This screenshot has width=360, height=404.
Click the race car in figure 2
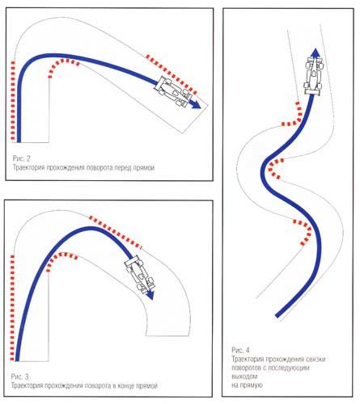pyautogui.click(x=173, y=92)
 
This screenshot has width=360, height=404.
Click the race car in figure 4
pyautogui.click(x=314, y=76)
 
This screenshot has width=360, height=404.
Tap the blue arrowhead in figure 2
pyautogui.click(x=196, y=105)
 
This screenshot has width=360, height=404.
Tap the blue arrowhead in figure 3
pyautogui.click(x=150, y=295)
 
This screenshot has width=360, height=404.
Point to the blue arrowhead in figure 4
pyautogui.click(x=315, y=53)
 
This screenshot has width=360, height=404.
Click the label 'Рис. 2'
pyautogui.click(x=22, y=158)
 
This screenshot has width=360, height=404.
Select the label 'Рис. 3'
pyautogui.click(x=19, y=376)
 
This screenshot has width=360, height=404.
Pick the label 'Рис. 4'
pyautogui.click(x=240, y=350)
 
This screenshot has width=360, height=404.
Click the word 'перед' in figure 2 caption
pyautogui.click(x=123, y=168)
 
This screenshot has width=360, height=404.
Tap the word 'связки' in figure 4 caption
pyautogui.click(x=316, y=359)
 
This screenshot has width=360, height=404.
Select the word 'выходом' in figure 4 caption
pyautogui.click(x=244, y=377)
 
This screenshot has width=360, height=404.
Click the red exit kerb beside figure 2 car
pyautogui.click(x=172, y=74)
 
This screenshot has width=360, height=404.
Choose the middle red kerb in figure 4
pyautogui.click(x=273, y=168)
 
